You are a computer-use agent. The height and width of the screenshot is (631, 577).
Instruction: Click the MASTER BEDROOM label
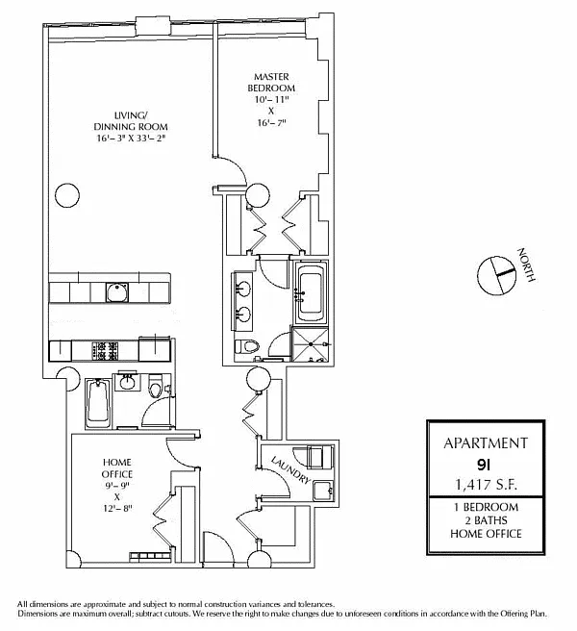(x=271, y=83)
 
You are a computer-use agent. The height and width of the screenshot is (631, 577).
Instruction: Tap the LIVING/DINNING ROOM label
(x=118, y=119)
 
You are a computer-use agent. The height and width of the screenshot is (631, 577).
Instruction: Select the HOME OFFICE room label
(x=116, y=468)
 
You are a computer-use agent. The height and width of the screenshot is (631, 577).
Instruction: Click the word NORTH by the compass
(x=524, y=265)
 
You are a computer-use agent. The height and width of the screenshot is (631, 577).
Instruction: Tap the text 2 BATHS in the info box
(x=485, y=520)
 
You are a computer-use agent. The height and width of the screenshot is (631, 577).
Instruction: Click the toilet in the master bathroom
(x=248, y=347)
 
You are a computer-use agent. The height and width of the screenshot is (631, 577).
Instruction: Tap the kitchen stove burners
(x=103, y=347)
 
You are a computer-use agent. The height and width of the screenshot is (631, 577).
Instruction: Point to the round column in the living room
(x=65, y=196)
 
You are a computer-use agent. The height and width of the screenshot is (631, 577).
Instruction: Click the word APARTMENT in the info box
(x=485, y=443)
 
